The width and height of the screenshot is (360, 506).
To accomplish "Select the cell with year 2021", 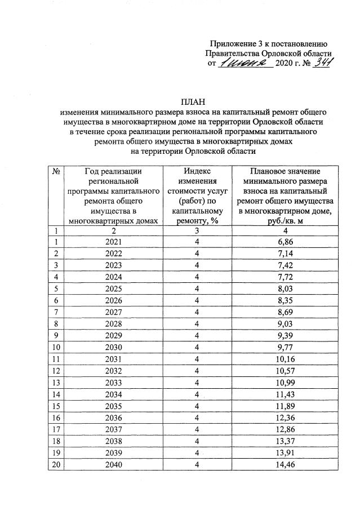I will (x=113, y=241).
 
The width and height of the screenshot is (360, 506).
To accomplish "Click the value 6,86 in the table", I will (x=285, y=241).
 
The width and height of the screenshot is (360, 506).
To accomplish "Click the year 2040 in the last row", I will (x=113, y=464).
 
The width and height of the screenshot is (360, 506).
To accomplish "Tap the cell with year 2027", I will (x=113, y=312).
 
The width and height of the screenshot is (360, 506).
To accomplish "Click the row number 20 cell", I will (x=56, y=464).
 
